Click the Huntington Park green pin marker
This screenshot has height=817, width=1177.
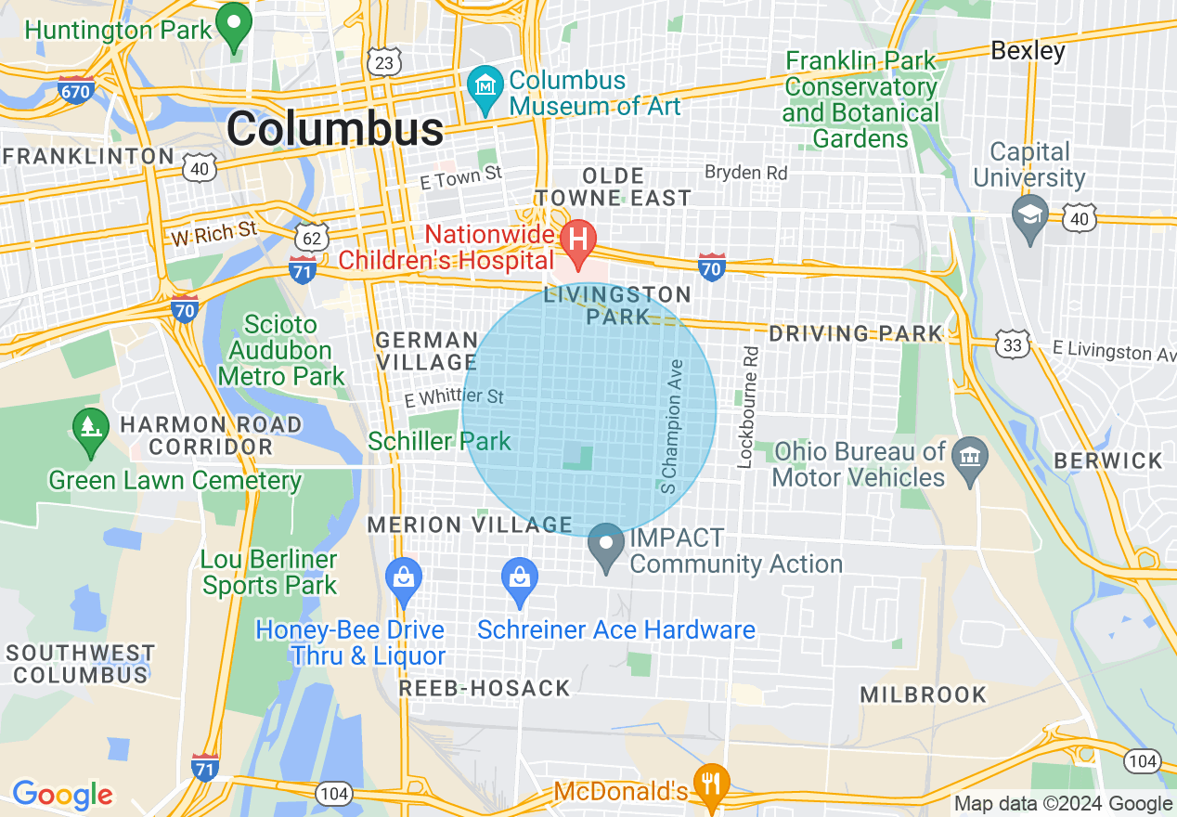[x=235, y=25]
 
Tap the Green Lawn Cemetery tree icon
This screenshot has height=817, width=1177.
[x=90, y=430]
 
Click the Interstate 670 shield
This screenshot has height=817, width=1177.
[x=74, y=90]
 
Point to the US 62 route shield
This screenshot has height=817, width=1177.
[x=313, y=237]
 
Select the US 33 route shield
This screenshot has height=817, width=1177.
[x=1012, y=344]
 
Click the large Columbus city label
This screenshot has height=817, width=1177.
[x=334, y=128]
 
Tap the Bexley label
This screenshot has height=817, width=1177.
[x=1028, y=50]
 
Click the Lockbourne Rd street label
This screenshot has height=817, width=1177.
[x=747, y=407]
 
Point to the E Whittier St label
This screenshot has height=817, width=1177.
[x=454, y=397]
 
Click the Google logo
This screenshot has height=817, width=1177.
[x=62, y=795]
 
